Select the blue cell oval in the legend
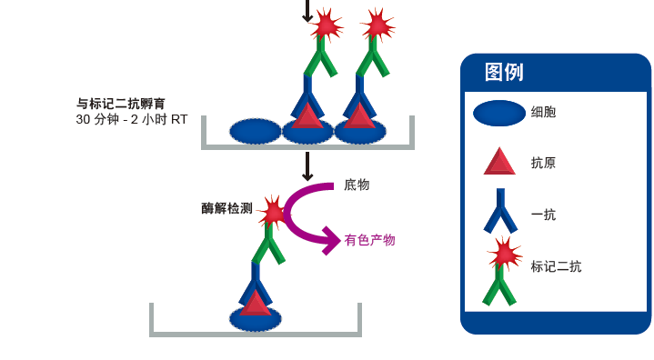[x=499, y=113]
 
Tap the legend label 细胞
[x=543, y=113]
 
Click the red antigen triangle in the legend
[x=499, y=163]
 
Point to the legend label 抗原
[x=543, y=164]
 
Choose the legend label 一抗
[x=543, y=215]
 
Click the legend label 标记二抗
[x=556, y=266]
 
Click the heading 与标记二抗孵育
[x=133, y=103]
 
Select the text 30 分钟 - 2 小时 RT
[x=132, y=119]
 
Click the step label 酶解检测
[x=226, y=208]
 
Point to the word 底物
[x=357, y=185]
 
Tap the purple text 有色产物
[x=369, y=240]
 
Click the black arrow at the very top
[x=307, y=12]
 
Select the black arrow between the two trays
[x=307, y=166]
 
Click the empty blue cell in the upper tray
[x=255, y=131]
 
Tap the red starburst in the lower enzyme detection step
[x=272, y=213]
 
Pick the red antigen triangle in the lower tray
[x=256, y=303]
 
